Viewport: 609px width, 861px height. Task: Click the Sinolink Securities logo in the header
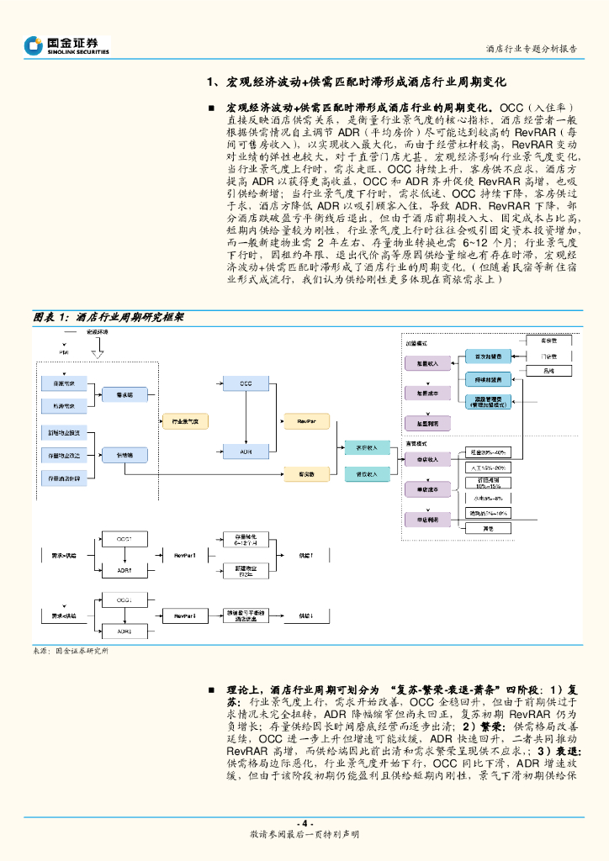66,45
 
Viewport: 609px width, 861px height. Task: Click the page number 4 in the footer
304,823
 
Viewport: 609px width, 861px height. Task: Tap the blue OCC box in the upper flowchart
246,383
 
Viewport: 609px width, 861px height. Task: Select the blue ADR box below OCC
246,452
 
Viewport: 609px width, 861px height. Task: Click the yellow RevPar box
307,420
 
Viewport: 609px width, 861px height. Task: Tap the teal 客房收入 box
368,447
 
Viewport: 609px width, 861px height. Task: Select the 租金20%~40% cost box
489,453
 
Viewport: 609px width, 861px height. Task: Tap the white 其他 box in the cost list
489,528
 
